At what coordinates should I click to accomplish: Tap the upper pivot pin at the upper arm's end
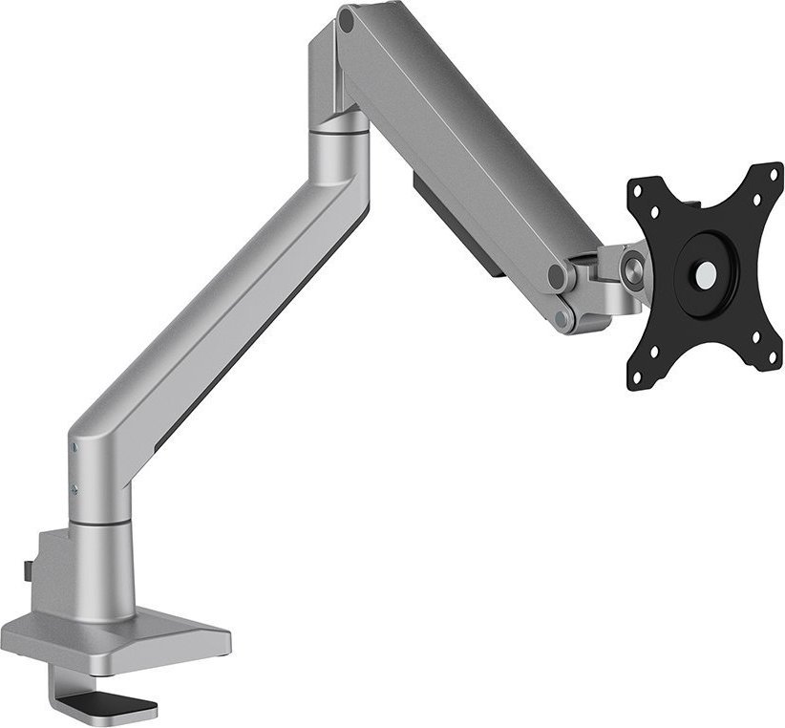(x=558, y=276)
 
